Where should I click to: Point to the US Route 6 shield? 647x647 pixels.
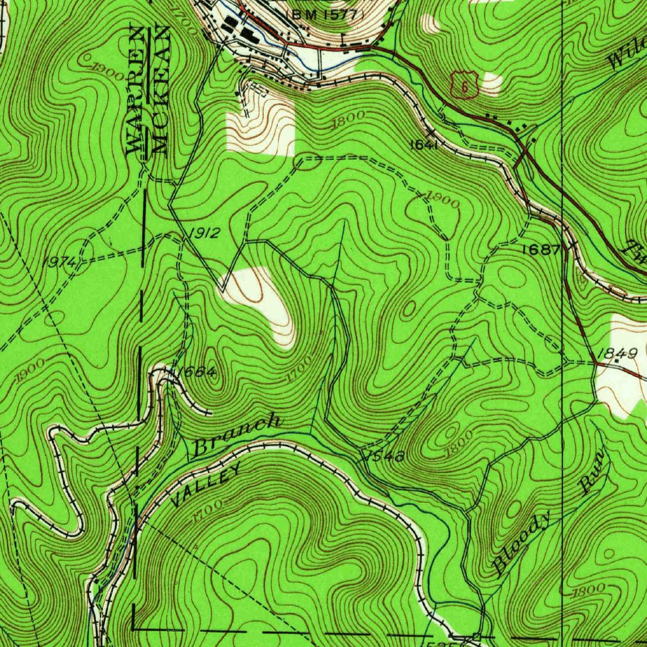[464, 85]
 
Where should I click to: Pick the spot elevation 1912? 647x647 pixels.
[204, 234]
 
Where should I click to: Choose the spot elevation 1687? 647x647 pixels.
[541, 250]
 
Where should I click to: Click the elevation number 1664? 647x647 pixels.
[197, 373]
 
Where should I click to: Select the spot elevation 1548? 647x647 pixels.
[384, 456]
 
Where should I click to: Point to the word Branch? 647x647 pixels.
[236, 435]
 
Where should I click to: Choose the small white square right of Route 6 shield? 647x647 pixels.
[492, 83]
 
